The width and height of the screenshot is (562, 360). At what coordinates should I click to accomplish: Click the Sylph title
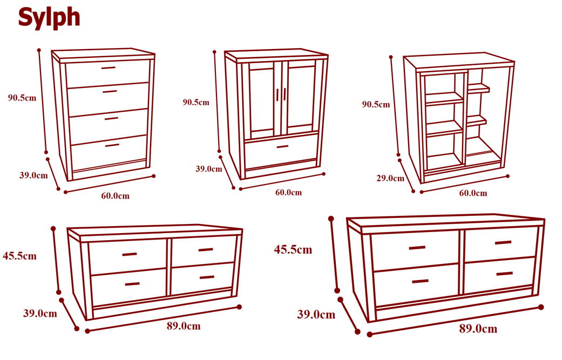(x=49, y=18)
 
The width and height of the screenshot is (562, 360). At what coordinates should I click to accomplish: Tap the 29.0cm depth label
(x=390, y=178)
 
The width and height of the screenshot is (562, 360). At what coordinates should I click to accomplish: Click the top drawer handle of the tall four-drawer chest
(x=108, y=67)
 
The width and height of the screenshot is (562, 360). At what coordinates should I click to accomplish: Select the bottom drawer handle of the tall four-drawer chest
(x=112, y=145)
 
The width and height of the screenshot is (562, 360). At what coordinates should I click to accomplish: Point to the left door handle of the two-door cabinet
(x=277, y=95)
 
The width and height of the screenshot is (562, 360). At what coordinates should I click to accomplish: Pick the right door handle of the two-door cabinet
(x=285, y=94)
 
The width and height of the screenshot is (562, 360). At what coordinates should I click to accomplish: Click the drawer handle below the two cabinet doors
(x=282, y=146)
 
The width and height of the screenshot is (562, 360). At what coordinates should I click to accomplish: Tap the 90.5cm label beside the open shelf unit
(x=376, y=105)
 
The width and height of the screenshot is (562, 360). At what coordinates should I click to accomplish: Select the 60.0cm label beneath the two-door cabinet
(x=288, y=192)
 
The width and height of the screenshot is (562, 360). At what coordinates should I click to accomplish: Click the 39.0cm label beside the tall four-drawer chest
(x=33, y=175)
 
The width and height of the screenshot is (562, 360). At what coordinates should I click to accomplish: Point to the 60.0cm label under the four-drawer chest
(x=115, y=195)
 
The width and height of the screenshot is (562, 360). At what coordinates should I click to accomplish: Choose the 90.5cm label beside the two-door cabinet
(x=195, y=103)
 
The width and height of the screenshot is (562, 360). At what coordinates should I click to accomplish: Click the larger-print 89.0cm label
(x=478, y=329)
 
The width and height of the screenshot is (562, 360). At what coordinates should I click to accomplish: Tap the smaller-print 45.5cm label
(x=19, y=256)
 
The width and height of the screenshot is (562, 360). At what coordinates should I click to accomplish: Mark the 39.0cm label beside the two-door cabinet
(x=208, y=169)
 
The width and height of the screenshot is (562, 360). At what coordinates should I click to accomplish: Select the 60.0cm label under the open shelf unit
(x=473, y=193)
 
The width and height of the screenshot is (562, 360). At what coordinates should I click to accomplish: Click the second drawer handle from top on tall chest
(x=110, y=91)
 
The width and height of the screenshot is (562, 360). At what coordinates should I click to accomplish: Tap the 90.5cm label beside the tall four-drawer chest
(x=22, y=98)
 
